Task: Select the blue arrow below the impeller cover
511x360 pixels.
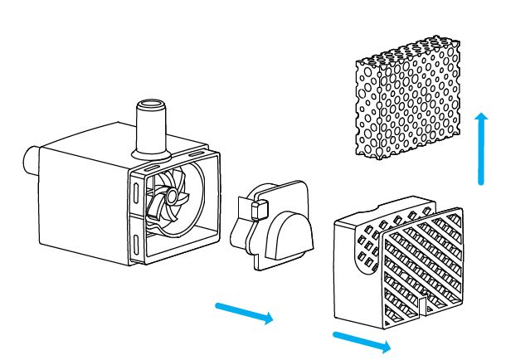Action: pos(244,314)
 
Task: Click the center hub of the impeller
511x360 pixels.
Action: pos(169,197)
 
